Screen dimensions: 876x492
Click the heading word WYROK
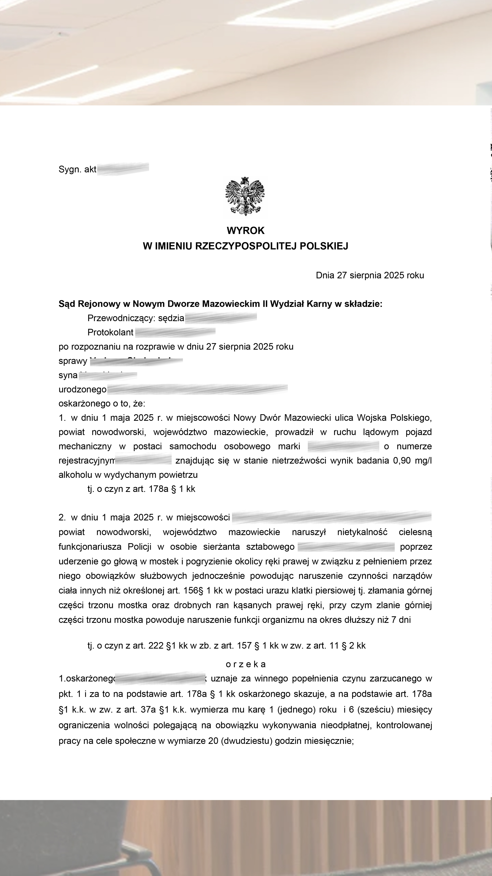click(x=245, y=231)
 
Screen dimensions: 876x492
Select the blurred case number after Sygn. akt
click(x=123, y=169)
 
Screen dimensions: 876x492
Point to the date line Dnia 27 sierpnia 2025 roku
click(x=370, y=275)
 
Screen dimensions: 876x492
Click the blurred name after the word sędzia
click(x=221, y=318)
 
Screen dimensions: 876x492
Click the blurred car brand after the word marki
click(x=343, y=446)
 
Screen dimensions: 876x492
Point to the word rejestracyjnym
click(x=87, y=460)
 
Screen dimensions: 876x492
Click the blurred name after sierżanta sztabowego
click(x=346, y=547)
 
